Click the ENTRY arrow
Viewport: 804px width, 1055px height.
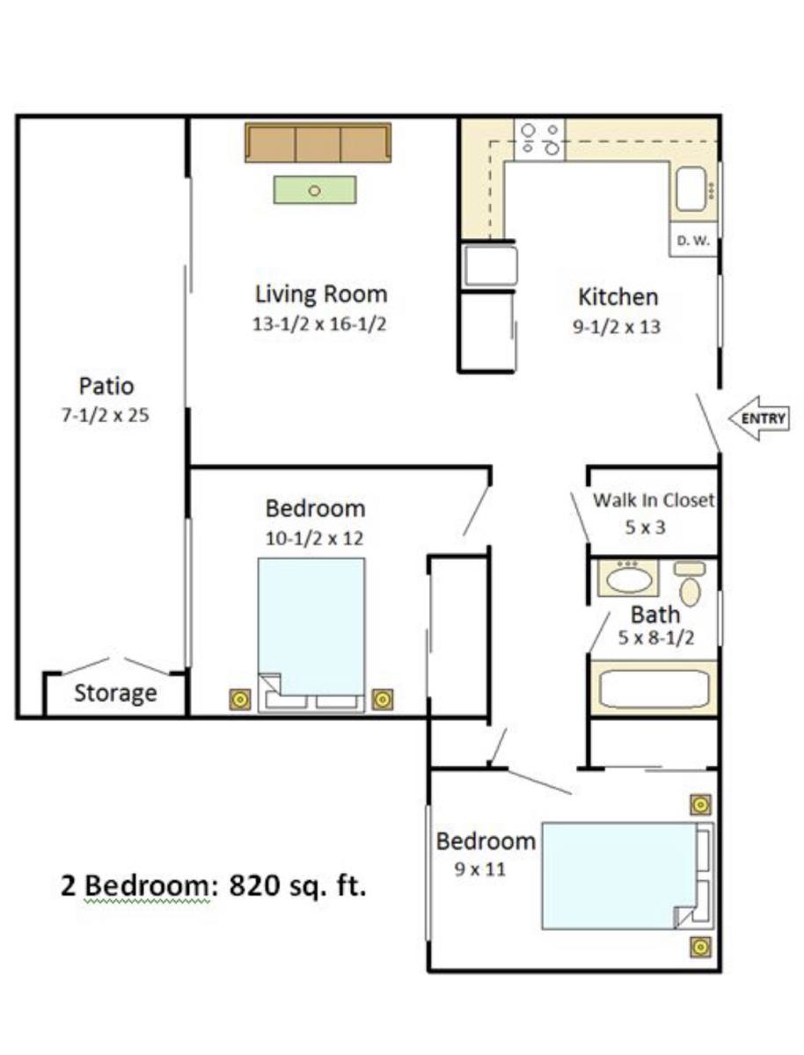pyautogui.click(x=758, y=418)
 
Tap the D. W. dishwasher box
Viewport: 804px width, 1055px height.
pyautogui.click(x=693, y=240)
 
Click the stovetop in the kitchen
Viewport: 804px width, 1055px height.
pyautogui.click(x=539, y=140)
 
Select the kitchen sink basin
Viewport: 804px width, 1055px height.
pyautogui.click(x=691, y=189)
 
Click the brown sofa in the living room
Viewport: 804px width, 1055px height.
pyautogui.click(x=318, y=142)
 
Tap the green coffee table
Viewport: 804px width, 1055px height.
pyautogui.click(x=315, y=190)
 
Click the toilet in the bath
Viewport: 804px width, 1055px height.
pyautogui.click(x=690, y=584)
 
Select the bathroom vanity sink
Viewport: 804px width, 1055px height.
pyautogui.click(x=628, y=578)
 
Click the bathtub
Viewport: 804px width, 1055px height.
pyautogui.click(x=654, y=688)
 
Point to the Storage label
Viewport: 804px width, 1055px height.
pyautogui.click(x=115, y=693)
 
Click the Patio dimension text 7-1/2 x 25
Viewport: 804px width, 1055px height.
pyautogui.click(x=106, y=415)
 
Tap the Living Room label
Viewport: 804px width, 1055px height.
pyautogui.click(x=321, y=295)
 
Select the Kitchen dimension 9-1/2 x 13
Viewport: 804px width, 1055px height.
pyautogui.click(x=617, y=327)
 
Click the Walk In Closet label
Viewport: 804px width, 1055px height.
pyautogui.click(x=654, y=500)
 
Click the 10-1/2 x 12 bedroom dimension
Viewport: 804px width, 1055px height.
pyautogui.click(x=315, y=538)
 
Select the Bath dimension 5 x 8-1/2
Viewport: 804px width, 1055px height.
pyautogui.click(x=656, y=637)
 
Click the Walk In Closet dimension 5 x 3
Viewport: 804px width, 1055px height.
pyautogui.click(x=646, y=527)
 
